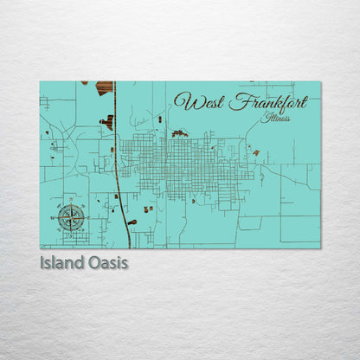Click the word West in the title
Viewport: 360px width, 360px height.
click(x=193, y=101)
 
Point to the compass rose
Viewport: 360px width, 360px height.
click(x=72, y=216)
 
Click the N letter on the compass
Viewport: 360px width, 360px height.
click(x=72, y=200)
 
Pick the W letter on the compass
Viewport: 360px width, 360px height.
click(x=55, y=217)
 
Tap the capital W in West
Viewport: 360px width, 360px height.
click(x=181, y=101)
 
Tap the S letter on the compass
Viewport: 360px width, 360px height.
click(x=72, y=234)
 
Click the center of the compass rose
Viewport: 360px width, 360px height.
click(x=72, y=216)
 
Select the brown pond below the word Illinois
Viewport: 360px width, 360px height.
click(x=256, y=152)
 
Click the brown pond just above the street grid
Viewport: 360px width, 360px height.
click(x=179, y=133)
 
